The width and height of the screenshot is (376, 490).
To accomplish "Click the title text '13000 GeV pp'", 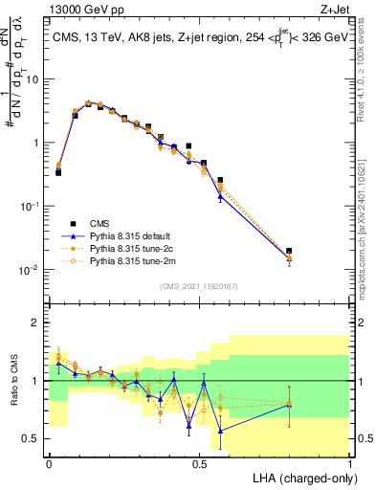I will coord(79,10).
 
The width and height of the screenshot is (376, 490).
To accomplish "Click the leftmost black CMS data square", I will coord(58,172).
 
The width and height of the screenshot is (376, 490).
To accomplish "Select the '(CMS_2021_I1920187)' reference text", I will coord(199,284).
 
